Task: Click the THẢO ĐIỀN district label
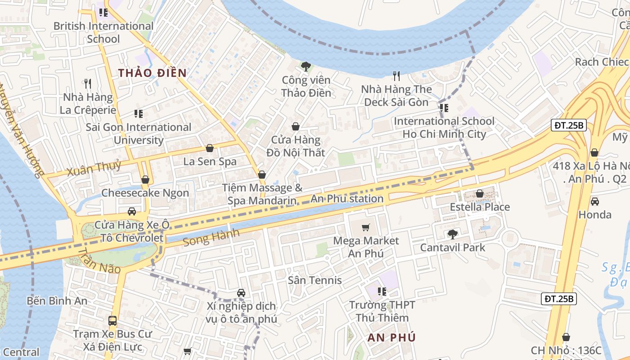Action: click(x=152, y=73)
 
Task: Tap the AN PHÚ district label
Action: click(x=391, y=337)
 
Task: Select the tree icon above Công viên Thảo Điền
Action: click(x=306, y=67)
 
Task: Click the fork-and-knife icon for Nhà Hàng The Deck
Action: click(x=396, y=76)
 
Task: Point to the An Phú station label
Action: click(x=347, y=198)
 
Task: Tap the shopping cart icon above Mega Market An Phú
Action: click(x=366, y=227)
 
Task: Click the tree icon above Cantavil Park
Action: click(x=452, y=234)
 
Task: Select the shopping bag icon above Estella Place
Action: click(x=480, y=193)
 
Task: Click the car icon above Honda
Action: click(x=595, y=201)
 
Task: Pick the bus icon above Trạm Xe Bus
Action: click(x=112, y=321)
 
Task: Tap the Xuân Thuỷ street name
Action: click(x=94, y=168)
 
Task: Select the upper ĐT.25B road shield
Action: click(x=569, y=126)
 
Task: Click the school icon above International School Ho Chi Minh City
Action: click(x=444, y=108)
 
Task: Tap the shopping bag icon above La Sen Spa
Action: click(x=210, y=148)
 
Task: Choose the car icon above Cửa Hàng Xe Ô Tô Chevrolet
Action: click(x=132, y=211)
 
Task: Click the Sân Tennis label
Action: click(x=315, y=280)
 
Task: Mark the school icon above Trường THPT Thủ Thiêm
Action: click(x=382, y=291)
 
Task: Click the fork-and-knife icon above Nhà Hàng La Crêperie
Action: click(x=88, y=83)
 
